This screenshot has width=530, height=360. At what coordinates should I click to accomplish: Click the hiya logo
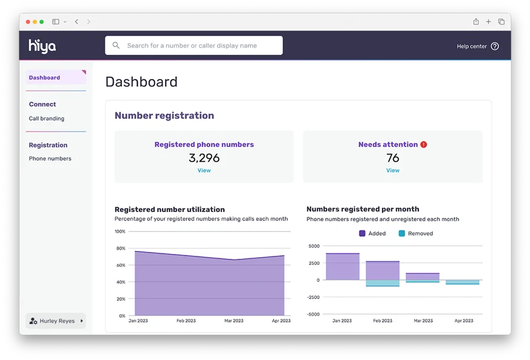(x=42, y=46)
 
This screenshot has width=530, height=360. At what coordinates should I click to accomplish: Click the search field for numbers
(x=194, y=46)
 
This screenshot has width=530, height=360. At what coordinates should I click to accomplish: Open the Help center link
(x=478, y=46)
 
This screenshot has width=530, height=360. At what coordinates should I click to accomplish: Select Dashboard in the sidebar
(x=44, y=78)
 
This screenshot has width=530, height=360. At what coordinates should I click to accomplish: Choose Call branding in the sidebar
(x=46, y=118)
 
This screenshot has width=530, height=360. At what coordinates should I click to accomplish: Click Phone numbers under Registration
(x=50, y=158)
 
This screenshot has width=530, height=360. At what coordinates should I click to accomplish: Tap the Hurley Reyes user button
(x=56, y=321)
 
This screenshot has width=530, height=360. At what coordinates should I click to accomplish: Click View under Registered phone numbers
(x=204, y=171)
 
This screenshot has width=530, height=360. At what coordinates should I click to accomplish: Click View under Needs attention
(x=393, y=171)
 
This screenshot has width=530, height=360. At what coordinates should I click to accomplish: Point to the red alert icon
(x=424, y=144)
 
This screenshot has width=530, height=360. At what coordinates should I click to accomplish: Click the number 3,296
(x=204, y=158)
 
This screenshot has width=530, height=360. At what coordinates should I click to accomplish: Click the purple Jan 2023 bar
(x=343, y=267)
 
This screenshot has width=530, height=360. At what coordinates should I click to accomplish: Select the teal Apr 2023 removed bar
(x=463, y=282)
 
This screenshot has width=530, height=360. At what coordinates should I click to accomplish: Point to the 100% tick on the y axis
(x=120, y=232)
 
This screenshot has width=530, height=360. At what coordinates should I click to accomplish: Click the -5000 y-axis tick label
(x=313, y=314)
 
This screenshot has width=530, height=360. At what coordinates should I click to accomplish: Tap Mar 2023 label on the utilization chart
(x=234, y=321)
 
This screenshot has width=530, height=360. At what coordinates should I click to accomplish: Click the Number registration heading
(x=164, y=115)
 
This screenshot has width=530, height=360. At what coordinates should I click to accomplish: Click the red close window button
(x=28, y=22)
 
